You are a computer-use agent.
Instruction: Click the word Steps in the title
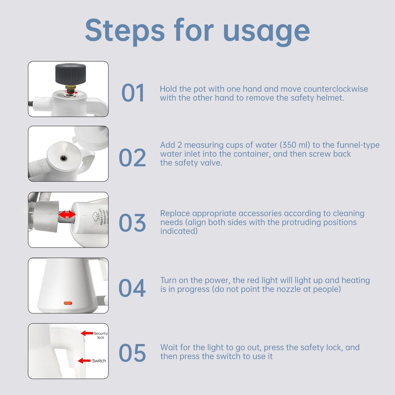(125, 30)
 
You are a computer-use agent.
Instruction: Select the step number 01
(133, 93)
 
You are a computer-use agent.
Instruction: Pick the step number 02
(132, 158)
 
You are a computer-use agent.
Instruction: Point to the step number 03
(132, 223)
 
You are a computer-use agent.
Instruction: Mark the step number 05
(132, 353)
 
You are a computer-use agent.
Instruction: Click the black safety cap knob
(71, 74)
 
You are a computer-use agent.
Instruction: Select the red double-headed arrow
(67, 214)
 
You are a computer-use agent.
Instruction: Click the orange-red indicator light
(68, 303)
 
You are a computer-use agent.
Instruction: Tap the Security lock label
(101, 335)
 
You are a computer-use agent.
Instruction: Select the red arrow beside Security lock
(87, 333)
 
